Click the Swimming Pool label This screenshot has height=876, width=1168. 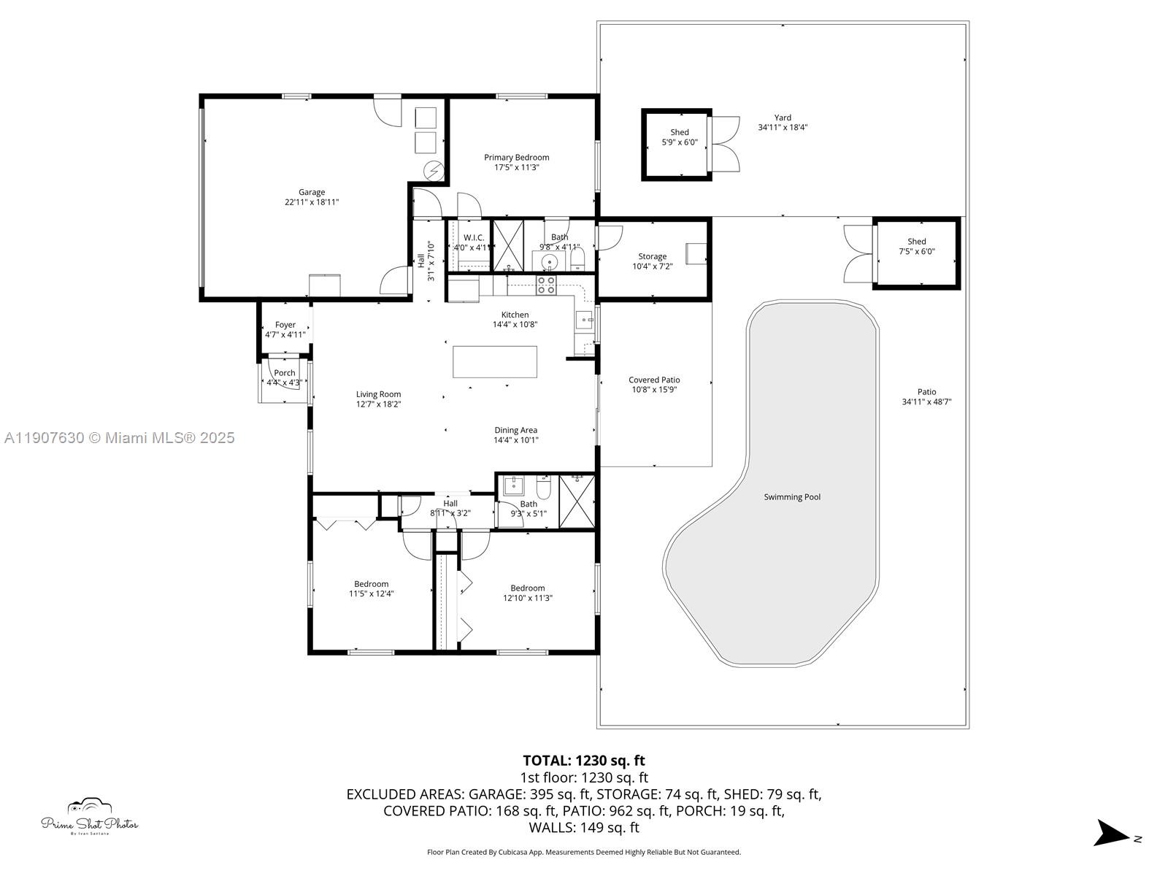tap(792, 497)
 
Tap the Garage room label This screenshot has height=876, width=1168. tap(312, 193)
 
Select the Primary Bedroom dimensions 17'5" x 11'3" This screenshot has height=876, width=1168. tap(516, 167)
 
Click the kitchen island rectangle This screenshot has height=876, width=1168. tap(495, 361)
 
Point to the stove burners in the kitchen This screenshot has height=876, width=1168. tap(546, 285)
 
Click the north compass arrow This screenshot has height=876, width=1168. tap(1113, 833)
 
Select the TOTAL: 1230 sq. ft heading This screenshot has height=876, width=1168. tap(583, 761)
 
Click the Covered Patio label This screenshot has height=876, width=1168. tap(654, 380)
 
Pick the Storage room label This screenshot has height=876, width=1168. tap(652, 256)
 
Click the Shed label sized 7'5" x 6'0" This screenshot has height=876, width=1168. tap(917, 242)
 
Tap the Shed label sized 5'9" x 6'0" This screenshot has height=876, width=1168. tap(680, 132)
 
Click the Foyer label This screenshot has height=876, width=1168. tap(285, 325)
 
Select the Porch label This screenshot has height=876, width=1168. tap(285, 373)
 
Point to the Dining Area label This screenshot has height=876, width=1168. tap(516, 430)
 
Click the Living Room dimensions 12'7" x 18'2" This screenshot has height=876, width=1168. tap(379, 404)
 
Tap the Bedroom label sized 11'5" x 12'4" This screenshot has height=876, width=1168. tap(372, 584)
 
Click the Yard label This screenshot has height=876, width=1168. tap(783, 118)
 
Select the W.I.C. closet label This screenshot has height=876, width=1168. tap(474, 237)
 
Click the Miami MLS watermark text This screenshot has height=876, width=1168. tap(120, 438)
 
